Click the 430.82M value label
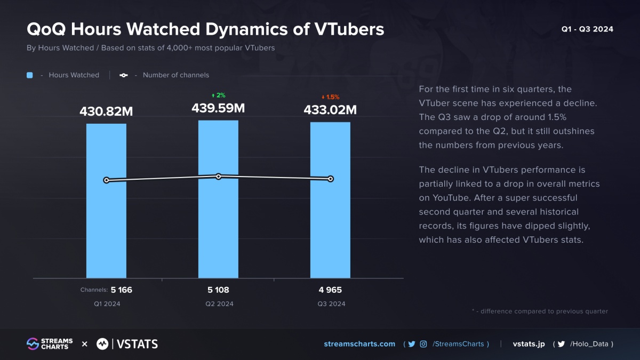tap(106, 111)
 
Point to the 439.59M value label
tap(218, 108)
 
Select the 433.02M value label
tap(330, 110)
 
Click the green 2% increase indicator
tap(218, 95)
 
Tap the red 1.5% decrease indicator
tap(330, 97)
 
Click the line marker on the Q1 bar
tap(107, 180)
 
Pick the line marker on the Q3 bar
tap(331, 179)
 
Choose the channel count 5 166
tap(122, 290)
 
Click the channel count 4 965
tap(330, 290)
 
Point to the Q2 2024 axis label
tap(219, 304)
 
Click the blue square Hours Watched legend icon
tap(30, 75)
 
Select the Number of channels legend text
tap(176, 75)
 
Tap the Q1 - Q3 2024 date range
tap(587, 29)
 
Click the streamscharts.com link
tap(359, 344)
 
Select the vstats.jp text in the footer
tap(529, 344)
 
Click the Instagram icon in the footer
tap(423, 344)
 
